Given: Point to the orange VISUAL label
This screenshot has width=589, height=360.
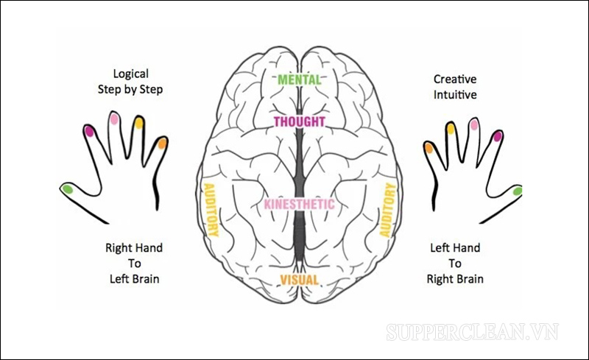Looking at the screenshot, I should click(x=299, y=280).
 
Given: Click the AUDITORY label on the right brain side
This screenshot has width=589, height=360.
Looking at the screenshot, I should click(x=387, y=210).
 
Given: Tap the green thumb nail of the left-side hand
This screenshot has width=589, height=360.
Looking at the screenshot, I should click(x=68, y=190).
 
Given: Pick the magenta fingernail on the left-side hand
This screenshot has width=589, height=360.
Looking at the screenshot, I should click(x=90, y=131).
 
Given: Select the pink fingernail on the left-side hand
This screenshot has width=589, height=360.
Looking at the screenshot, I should click(x=114, y=118).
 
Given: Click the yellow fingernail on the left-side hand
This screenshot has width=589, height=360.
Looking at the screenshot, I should click(x=139, y=123).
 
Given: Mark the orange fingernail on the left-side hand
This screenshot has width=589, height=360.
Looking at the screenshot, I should click(x=163, y=142).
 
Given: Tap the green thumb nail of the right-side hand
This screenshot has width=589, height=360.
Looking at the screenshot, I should click(x=518, y=191).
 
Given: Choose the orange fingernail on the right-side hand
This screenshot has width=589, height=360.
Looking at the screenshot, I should click(x=428, y=148).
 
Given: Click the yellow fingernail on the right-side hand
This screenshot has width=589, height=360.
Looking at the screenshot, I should click(x=451, y=129).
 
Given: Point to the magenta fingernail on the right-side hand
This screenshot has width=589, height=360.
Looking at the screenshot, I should click(x=498, y=135).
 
